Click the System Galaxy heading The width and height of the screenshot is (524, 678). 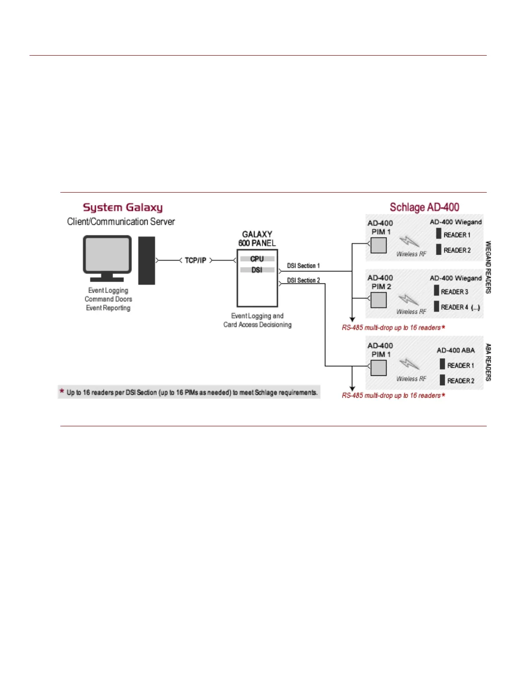[122, 208]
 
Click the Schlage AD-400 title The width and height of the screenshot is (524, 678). [424, 208]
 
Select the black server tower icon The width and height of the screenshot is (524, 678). [146, 260]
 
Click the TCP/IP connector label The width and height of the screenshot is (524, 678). [196, 260]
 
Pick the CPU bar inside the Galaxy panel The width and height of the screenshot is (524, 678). [257, 259]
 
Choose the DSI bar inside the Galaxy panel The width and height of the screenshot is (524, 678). [257, 270]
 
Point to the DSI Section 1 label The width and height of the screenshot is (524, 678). [303, 266]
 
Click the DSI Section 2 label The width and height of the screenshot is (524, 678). [303, 280]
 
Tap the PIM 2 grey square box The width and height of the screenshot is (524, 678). [378, 300]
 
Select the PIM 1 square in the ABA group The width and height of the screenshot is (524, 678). [378, 368]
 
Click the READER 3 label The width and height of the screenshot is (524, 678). [454, 292]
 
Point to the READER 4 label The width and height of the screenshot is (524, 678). [454, 307]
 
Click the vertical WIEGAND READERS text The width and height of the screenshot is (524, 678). [488, 267]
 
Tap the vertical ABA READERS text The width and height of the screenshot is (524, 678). [488, 362]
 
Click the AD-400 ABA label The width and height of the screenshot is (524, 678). [456, 350]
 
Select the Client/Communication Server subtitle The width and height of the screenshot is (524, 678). [121, 222]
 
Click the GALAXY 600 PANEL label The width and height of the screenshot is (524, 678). [257, 239]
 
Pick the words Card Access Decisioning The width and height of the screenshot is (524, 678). [257, 325]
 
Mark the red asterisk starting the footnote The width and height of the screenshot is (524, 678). [62, 391]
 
